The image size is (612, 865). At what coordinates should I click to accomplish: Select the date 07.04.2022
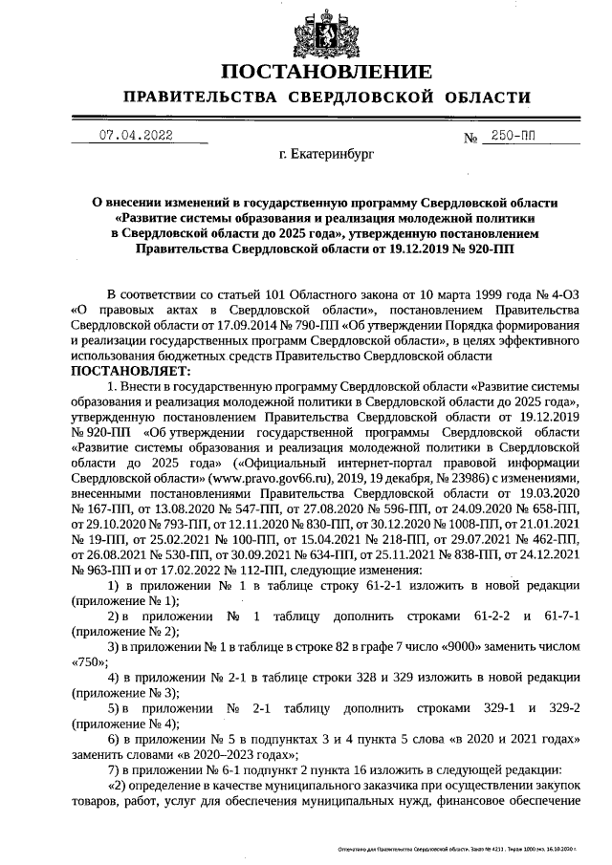click(x=137, y=136)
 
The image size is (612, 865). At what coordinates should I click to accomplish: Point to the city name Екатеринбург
click(x=326, y=153)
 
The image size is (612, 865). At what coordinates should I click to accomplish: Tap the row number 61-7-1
click(x=558, y=616)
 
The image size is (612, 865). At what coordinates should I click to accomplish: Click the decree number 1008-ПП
click(x=449, y=523)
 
